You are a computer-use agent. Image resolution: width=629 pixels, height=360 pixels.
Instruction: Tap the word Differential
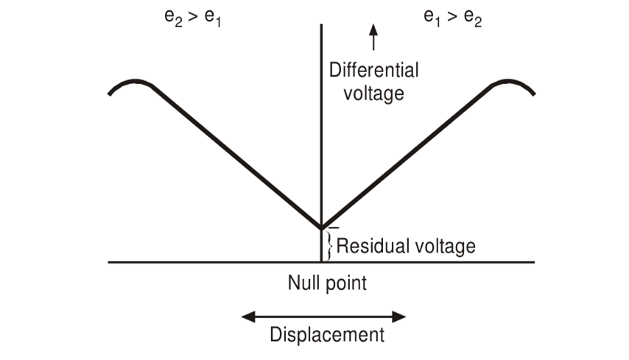tap(373, 71)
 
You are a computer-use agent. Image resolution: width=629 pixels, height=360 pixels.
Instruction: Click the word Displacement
tap(327, 335)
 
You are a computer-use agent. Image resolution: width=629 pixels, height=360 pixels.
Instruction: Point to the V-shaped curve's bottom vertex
tap(322, 227)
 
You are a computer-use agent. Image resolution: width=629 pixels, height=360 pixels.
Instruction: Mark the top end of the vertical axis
tap(322, 25)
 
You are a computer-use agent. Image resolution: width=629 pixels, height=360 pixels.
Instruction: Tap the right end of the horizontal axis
tap(534, 262)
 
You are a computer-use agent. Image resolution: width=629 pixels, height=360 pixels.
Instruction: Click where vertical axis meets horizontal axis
tap(322, 262)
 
